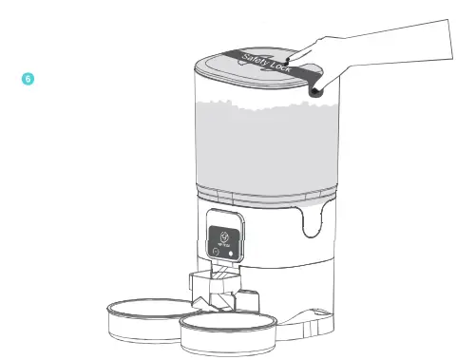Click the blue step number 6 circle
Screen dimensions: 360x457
[29, 75]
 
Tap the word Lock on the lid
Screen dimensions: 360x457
[286, 70]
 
